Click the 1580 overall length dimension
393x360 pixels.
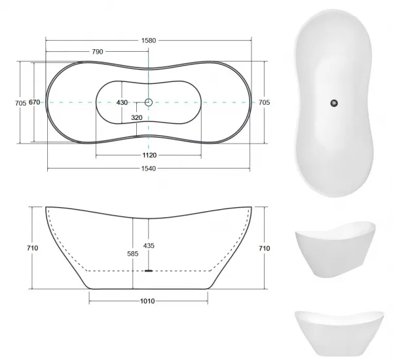pos(149,41)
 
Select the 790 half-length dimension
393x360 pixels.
pos(98,52)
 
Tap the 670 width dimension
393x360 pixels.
pos(34,102)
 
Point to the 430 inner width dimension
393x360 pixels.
pos(122,102)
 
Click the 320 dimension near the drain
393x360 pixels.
pos(137,117)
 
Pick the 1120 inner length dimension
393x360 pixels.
pos(149,155)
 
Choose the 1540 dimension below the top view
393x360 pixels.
pos(149,169)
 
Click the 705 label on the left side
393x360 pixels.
pos(20,103)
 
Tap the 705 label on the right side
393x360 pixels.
pos(264,102)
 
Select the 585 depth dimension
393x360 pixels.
pos(132,254)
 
